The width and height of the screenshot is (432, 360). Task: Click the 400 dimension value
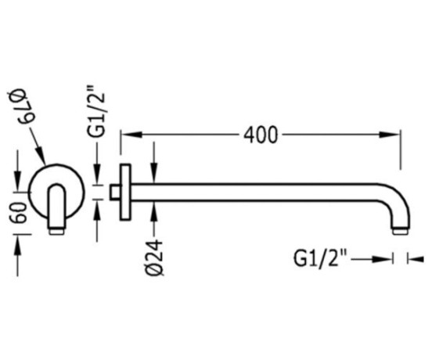(261, 135)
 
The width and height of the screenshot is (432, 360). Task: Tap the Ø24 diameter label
(155, 257)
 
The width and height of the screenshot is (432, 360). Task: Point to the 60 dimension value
(18, 213)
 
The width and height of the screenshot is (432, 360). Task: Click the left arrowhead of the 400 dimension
(131, 135)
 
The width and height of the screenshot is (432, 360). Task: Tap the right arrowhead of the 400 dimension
(389, 135)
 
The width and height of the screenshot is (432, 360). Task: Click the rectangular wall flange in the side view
(125, 193)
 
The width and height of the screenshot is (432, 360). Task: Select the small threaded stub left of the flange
(115, 193)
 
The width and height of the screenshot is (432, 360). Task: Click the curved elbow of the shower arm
(397, 197)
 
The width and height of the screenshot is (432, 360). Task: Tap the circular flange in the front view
(57, 164)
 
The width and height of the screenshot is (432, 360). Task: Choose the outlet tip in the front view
(57, 231)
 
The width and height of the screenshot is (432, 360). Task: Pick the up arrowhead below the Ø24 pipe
(154, 211)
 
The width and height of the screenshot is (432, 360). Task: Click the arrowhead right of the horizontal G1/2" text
(382, 259)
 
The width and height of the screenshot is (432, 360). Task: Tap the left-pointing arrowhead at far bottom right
(417, 259)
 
